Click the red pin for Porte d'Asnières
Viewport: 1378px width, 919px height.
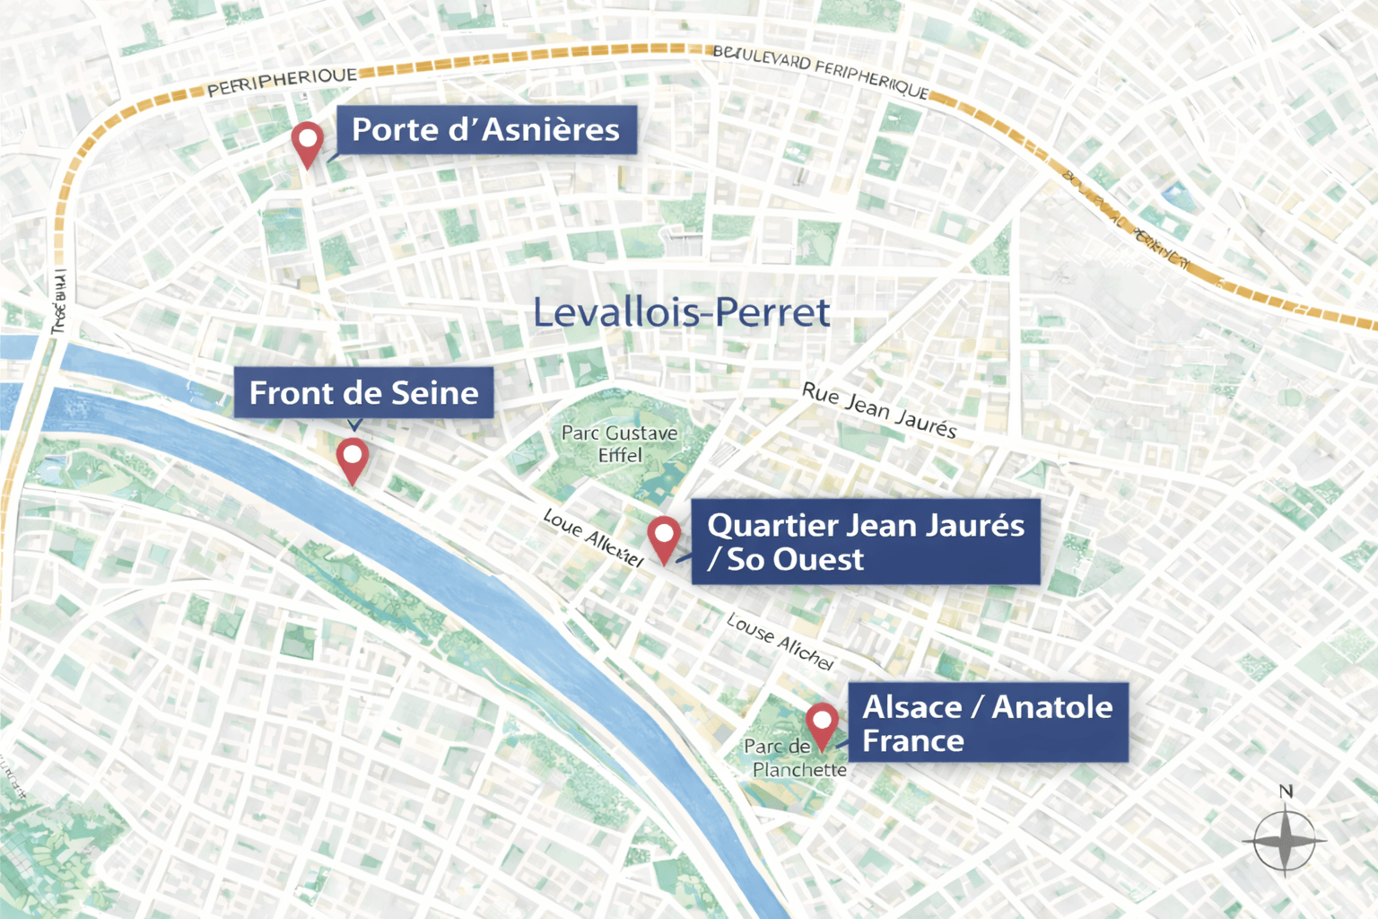307,141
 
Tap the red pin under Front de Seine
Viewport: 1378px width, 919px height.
353,457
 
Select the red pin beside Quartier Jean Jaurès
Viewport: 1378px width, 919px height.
663,536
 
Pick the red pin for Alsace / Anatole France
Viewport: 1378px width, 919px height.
821,722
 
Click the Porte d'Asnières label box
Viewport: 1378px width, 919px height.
486,130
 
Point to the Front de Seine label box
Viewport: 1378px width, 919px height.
363,393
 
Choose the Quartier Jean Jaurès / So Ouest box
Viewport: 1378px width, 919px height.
865,542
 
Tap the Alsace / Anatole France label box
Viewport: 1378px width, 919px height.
987,723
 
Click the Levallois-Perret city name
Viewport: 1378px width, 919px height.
681,312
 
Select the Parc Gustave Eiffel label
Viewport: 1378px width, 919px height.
619,444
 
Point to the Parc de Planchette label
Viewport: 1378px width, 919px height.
795,758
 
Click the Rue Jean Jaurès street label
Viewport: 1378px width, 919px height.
879,411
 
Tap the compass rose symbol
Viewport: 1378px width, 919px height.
1285,841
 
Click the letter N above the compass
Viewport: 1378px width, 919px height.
1286,792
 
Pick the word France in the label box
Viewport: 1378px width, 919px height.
913,741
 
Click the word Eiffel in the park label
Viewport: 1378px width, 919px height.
620,456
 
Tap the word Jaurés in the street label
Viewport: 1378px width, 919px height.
926,424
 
